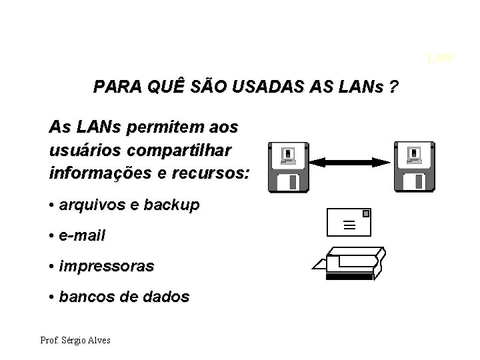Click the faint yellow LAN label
439,58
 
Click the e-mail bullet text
82,235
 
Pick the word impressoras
107,266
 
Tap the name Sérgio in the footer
74,341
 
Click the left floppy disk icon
287,167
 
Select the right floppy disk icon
414,167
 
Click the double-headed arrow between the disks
351,162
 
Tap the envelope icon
348,223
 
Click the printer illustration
349,263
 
